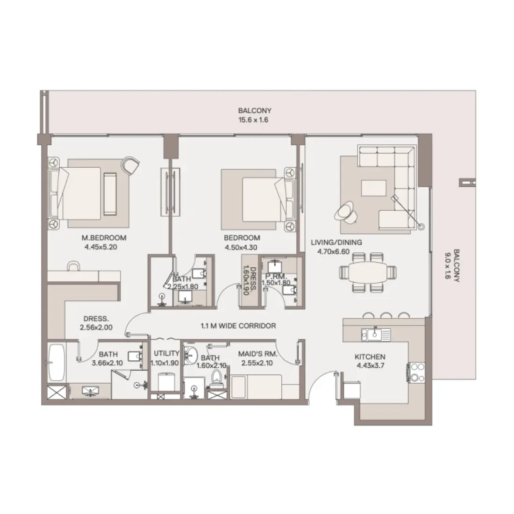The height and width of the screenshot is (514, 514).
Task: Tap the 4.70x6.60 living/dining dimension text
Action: [330, 251]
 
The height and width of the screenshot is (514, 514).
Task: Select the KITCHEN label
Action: [370, 357]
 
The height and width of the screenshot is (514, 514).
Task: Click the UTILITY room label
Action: [166, 354]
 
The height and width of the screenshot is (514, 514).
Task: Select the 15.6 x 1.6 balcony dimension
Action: [255, 120]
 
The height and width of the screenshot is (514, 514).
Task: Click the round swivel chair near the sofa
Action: [345, 210]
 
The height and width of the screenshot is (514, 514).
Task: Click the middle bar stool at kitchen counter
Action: [385, 315]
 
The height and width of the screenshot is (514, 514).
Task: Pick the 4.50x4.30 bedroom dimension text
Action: [242, 248]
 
